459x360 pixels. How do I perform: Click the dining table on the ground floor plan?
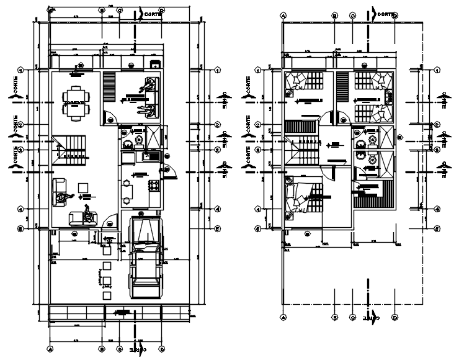coord(76,101)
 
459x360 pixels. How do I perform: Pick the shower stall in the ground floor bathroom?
coord(152,136)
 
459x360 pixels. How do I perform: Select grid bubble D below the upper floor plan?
coord(394,318)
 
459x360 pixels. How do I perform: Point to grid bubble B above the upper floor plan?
coord(334,15)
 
